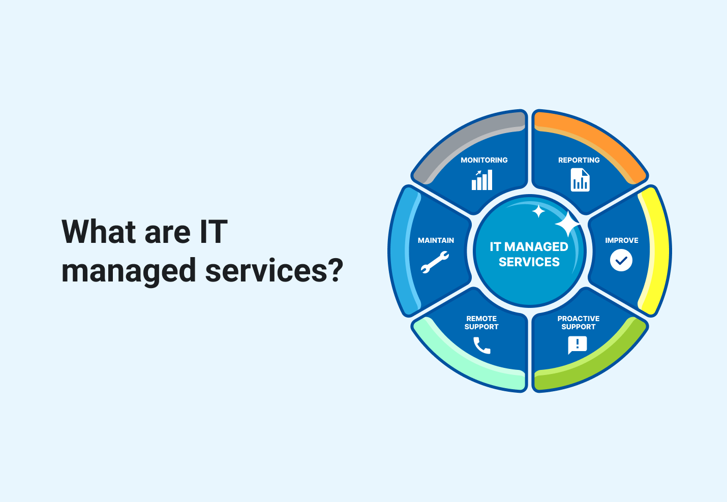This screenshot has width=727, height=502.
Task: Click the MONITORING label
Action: click(484, 160)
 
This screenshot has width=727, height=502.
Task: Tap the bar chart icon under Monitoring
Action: click(482, 180)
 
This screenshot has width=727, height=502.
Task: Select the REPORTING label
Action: click(579, 160)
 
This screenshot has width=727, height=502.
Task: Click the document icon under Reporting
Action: click(580, 180)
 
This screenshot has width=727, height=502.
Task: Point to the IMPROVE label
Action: click(621, 240)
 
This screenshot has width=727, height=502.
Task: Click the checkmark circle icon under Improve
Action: click(621, 260)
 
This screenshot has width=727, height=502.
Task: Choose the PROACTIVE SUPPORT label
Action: click(579, 323)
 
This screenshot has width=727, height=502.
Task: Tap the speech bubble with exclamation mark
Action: click(578, 345)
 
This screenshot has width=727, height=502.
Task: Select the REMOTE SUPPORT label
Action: click(481, 323)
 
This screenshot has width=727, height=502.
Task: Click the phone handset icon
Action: click(481, 346)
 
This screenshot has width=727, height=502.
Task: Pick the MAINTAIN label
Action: click(436, 240)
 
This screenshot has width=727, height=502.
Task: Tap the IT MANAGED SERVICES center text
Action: click(529, 254)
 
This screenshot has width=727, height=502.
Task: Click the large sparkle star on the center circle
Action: click(567, 224)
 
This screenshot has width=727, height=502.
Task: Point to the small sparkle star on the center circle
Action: click(538, 211)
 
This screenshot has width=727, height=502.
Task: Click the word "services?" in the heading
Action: click(275, 270)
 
